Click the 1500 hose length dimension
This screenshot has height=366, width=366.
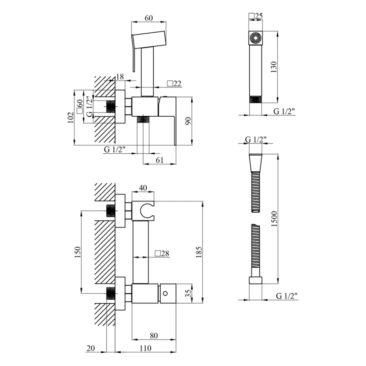click(x=274, y=219)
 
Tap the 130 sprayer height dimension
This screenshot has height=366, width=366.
click(x=274, y=67)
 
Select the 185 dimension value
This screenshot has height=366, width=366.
click(x=198, y=252)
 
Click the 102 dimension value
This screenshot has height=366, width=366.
click(x=71, y=117)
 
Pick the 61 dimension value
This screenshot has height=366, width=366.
click(x=160, y=160)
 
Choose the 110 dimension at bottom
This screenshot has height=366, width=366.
click(x=145, y=348)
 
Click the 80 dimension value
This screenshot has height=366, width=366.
click(x=154, y=336)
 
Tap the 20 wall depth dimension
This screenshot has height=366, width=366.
click(x=91, y=348)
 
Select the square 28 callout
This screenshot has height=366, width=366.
click(x=162, y=253)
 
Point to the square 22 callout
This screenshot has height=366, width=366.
click(x=174, y=83)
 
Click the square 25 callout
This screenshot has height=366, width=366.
click(x=256, y=16)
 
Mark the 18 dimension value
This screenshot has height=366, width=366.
click(x=120, y=76)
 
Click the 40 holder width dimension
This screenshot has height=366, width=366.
click(x=143, y=188)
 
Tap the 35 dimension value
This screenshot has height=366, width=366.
click(x=188, y=293)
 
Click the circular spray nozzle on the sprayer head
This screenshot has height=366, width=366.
click(x=255, y=38)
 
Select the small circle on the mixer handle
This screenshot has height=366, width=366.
click(x=165, y=293)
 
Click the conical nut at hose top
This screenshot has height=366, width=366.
click(x=256, y=163)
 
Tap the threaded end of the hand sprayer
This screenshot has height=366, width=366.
click(x=256, y=100)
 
